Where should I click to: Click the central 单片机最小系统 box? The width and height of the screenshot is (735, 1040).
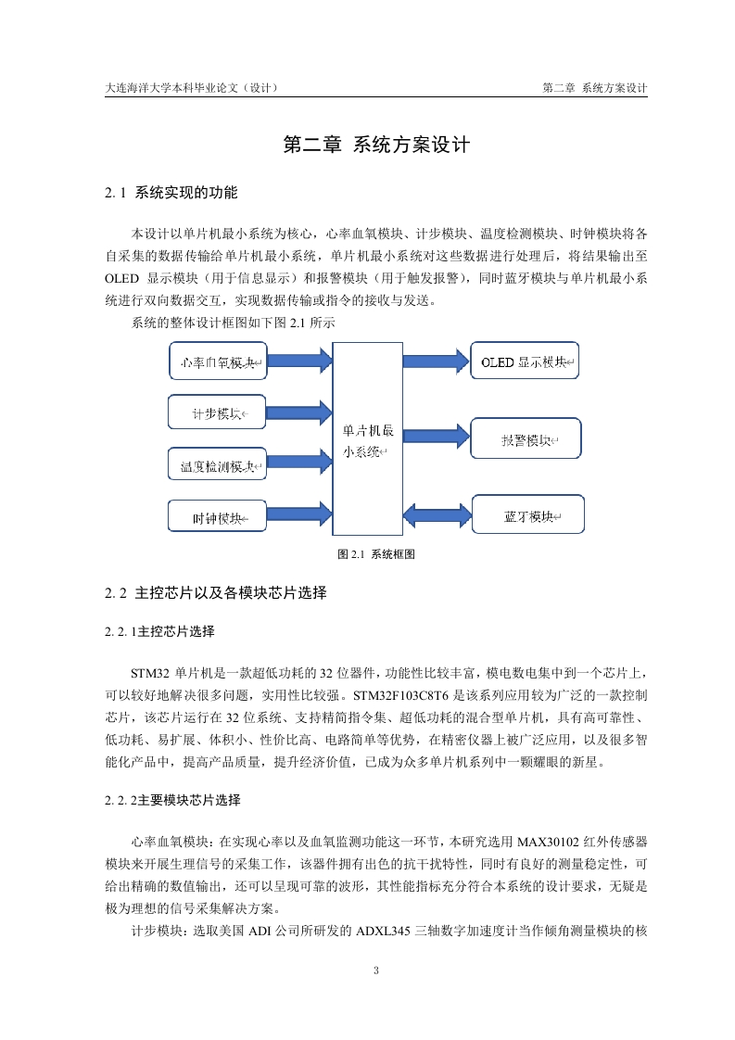coord(368,439)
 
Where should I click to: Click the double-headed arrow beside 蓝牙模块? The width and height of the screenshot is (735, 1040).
coord(437,515)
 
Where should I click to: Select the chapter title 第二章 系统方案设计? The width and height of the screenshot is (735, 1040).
coord(376,146)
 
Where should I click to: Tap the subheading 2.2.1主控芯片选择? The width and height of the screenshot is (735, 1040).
coord(159,632)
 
